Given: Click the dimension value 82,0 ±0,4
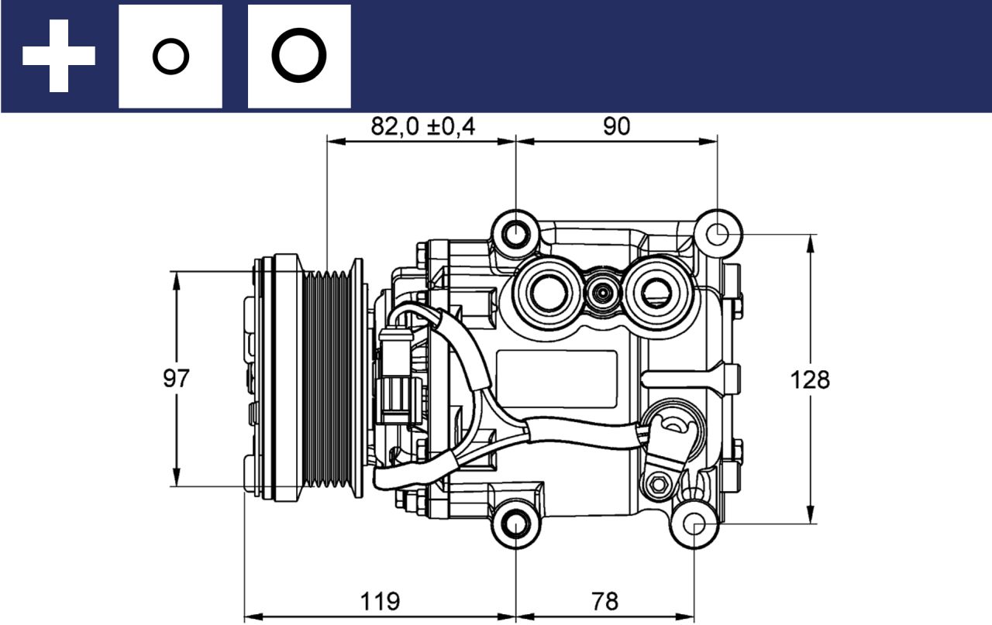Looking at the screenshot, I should (x=422, y=126).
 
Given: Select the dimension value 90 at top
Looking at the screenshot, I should (x=617, y=126).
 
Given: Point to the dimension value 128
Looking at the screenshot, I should (x=810, y=379).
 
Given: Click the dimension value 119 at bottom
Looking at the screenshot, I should (x=380, y=600).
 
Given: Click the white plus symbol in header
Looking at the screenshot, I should (x=59, y=56).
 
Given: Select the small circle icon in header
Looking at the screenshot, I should (x=170, y=57).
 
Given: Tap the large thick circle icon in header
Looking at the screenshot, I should (x=299, y=57).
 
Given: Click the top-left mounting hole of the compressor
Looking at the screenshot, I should (x=515, y=232).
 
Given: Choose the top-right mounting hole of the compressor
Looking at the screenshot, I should (x=718, y=232).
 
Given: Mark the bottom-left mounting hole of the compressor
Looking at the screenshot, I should (x=515, y=524).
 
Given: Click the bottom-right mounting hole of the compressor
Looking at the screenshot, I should (x=694, y=524).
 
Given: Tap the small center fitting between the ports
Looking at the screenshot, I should (x=601, y=293).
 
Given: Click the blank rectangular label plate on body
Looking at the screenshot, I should (x=556, y=379).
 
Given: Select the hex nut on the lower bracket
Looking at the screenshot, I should (x=660, y=484).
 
